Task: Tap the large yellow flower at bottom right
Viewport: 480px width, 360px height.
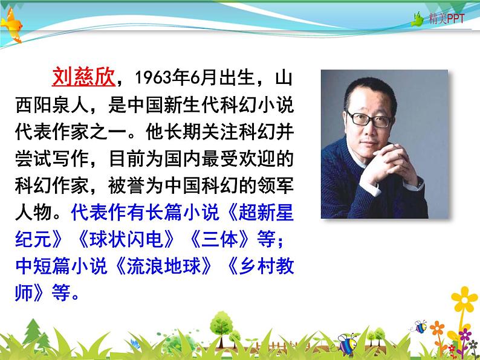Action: coord(464,298)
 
